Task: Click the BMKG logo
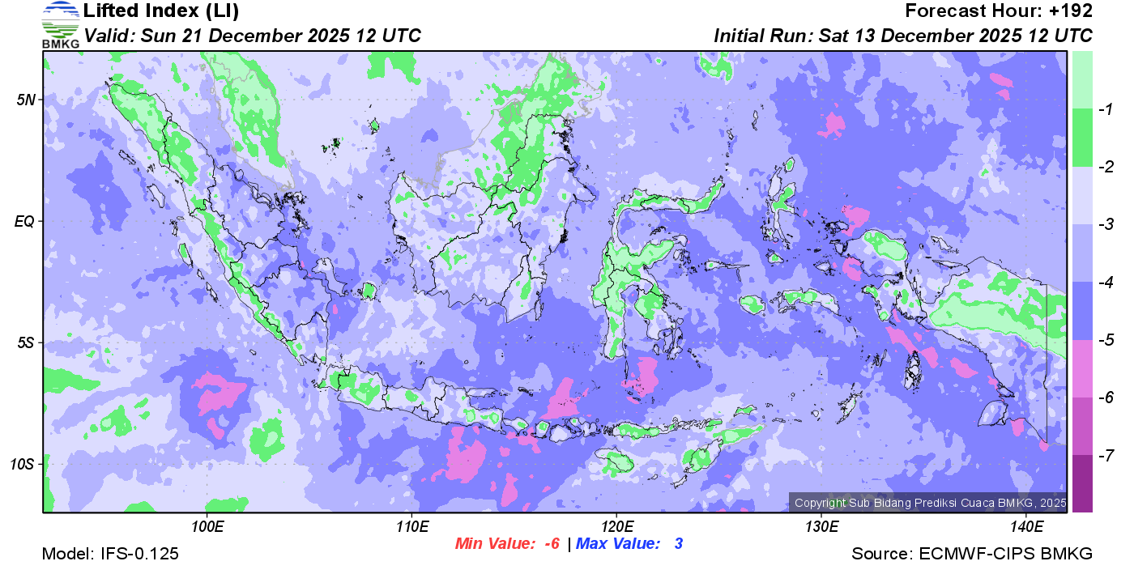61,24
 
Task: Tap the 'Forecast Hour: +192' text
999,11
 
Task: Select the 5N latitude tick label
26,100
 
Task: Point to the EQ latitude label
25,221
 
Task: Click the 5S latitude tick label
26,342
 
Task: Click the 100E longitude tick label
207,527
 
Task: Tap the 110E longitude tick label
412,527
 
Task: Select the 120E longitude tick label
616,527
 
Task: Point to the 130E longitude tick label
821,527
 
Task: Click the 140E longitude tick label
1026,527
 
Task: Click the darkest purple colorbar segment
1082,483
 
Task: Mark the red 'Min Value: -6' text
508,544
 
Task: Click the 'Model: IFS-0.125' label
110,555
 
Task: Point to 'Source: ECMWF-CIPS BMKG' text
972,555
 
